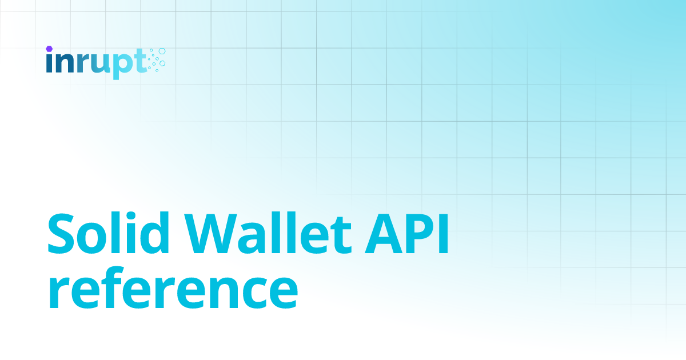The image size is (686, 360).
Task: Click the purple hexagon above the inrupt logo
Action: point(50,49)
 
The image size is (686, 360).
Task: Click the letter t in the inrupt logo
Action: point(139,62)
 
